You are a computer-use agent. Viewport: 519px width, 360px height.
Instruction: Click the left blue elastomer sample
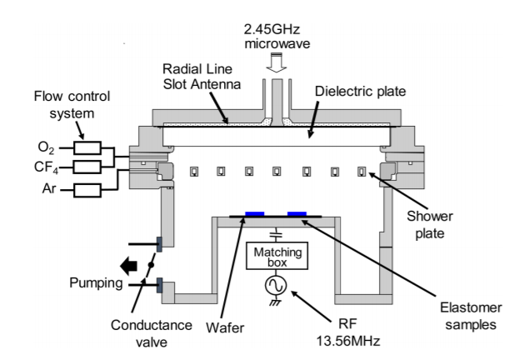[255, 214]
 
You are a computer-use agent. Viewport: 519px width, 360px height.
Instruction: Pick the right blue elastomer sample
[297, 214]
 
